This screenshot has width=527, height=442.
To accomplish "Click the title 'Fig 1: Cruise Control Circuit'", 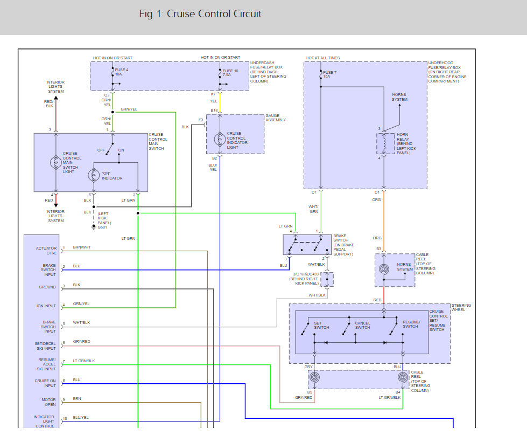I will point(200,14).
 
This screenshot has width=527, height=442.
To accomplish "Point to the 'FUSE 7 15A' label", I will point(329,74).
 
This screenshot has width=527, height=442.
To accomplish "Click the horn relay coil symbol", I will point(384,143).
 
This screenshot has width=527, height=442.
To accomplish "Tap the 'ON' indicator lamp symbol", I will point(93,176).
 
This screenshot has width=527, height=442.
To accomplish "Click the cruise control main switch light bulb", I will point(56,162).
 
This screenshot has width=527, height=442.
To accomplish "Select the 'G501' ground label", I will point(102,227).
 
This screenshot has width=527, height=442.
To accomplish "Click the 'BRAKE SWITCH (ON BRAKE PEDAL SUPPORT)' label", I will point(343,245).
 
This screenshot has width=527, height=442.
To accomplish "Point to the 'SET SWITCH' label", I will point(321,325).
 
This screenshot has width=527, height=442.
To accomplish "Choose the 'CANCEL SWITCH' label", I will point(362,325).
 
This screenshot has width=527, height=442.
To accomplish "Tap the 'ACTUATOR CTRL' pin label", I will point(46,250).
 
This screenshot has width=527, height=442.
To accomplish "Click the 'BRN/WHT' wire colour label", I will point(82,247).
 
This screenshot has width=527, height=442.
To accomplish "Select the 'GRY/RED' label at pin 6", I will point(82,342).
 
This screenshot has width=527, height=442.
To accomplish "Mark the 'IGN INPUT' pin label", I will point(46,306).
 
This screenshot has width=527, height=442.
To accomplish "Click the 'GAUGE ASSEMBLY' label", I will point(276,118).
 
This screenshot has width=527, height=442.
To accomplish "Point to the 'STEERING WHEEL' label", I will point(461,308).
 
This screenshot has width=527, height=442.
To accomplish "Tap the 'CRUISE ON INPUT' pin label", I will point(45,383).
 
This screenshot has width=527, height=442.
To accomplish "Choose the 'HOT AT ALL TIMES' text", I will point(322,58).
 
